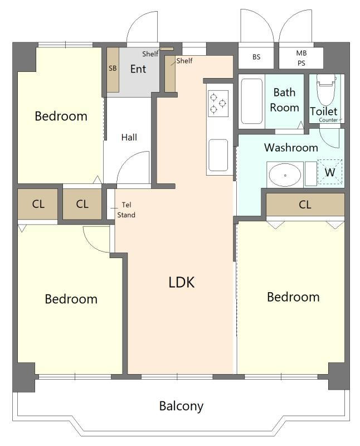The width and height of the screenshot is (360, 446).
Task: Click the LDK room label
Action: [x=182, y=283]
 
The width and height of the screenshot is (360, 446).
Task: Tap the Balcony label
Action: [x=181, y=406]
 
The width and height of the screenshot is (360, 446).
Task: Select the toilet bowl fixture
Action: [x=326, y=90]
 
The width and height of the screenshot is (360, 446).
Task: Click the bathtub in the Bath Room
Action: [x=252, y=101]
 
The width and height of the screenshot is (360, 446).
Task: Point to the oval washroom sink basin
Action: [x=285, y=175]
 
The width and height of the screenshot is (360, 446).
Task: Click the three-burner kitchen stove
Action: [x=218, y=104]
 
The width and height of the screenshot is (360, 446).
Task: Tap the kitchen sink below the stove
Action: [x=218, y=156]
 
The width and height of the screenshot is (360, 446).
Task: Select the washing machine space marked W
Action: [x=330, y=172]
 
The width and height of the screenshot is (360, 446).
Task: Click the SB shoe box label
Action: [x=113, y=68]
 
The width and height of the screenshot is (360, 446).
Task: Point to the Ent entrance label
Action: [x=138, y=69]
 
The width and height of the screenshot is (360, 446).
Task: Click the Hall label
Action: [x=129, y=137]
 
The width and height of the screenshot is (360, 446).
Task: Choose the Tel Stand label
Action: [x=127, y=210]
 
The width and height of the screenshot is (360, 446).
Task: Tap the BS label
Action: [x=256, y=57]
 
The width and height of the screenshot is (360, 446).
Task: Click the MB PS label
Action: [x=301, y=58]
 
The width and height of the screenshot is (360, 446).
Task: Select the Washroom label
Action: [x=291, y=147]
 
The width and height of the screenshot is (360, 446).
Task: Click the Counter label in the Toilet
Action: [x=328, y=120]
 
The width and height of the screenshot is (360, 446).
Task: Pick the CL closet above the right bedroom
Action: [x=305, y=204]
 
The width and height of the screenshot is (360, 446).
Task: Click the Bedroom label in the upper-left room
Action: [x=61, y=116]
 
